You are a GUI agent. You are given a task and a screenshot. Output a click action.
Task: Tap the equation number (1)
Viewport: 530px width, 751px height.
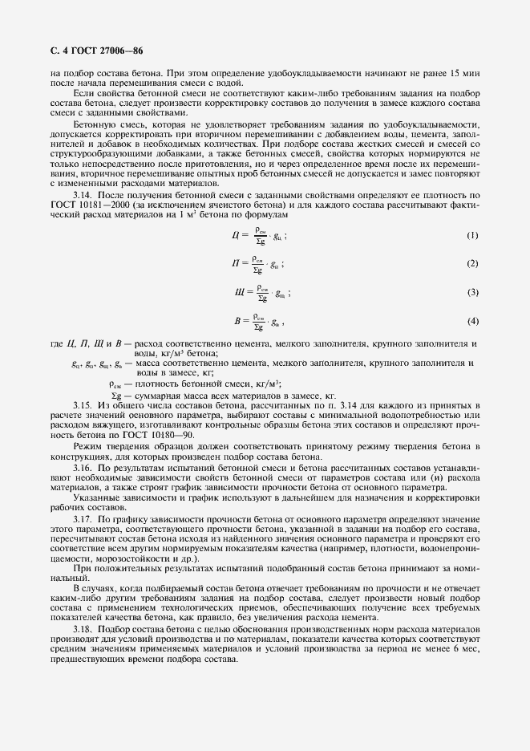click(472, 235)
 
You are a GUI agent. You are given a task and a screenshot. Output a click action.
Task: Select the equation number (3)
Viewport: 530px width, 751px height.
click(472, 292)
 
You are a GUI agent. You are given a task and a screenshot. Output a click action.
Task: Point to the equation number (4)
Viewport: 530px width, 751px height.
click(472, 321)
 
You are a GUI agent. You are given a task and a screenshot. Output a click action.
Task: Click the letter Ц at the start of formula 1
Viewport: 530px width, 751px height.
click(233, 235)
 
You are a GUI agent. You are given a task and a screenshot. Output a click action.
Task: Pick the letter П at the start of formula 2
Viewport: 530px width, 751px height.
click(234, 264)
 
